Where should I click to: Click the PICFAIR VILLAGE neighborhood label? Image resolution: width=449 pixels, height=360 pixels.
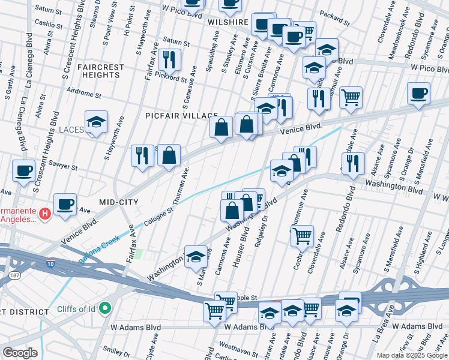[181, 115]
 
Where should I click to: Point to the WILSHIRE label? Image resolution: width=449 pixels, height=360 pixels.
[228, 22]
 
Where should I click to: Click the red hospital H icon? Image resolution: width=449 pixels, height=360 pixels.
[44, 214]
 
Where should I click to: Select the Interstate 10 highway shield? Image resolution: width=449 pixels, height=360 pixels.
[51, 263]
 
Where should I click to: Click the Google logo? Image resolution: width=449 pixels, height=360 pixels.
[20, 353]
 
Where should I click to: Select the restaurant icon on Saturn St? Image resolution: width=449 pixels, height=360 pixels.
[169, 59]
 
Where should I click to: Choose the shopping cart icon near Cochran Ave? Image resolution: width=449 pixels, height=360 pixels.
[302, 235]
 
